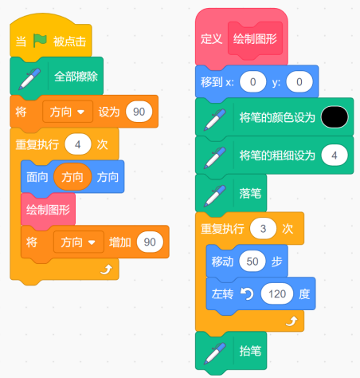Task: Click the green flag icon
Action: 40,41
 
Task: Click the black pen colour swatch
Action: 335,117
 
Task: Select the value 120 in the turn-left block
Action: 277,293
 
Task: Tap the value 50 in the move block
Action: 252,262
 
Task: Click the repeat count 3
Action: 263,229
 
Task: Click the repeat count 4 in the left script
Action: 78,144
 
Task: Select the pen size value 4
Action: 335,156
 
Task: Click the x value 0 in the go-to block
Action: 252,82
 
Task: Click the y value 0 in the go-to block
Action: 299,82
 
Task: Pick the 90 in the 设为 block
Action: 139,112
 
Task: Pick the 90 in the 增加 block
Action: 150,242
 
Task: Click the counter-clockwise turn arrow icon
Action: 247,294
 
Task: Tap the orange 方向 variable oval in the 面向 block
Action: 72,177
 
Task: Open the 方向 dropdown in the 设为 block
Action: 68,112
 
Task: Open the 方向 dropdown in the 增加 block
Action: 79,242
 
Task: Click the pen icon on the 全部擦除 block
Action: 29,79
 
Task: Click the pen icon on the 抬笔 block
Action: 214,353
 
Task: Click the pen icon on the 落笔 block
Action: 214,195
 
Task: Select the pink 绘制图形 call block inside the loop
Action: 48,210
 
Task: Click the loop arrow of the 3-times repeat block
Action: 292,321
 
